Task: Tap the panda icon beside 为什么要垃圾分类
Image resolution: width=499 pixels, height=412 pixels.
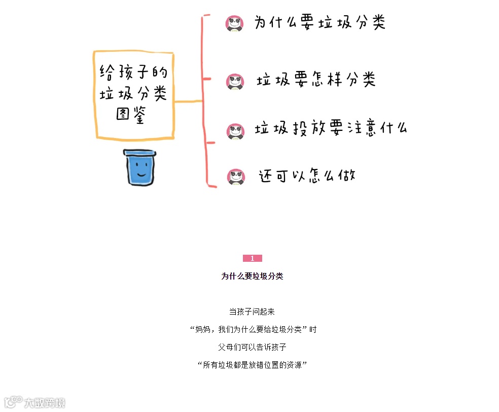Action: tap(234, 23)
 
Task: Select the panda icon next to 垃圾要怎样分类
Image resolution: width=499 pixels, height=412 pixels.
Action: tap(235, 81)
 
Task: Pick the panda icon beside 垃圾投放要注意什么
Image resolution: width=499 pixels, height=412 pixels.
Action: tap(235, 131)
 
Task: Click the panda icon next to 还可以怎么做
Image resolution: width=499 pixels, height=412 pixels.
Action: tap(236, 177)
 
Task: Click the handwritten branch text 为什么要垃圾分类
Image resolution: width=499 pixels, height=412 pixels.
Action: tap(319, 23)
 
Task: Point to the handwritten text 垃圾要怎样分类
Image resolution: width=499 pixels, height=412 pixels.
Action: tap(315, 80)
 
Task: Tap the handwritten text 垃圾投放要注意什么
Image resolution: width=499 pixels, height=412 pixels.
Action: tap(331, 129)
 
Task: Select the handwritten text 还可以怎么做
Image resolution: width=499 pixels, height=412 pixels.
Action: tap(307, 176)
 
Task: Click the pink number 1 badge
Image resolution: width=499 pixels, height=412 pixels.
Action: tap(252, 259)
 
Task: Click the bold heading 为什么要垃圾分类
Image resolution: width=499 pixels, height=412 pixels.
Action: tap(252, 276)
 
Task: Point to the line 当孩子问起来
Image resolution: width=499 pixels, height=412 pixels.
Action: tap(252, 312)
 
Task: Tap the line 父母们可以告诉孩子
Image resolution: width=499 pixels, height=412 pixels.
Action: tap(252, 347)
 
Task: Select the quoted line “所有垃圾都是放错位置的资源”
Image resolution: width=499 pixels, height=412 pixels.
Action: tap(253, 365)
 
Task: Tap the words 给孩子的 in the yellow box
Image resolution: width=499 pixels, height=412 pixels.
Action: tap(133, 73)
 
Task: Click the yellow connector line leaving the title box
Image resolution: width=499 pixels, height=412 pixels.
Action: tap(188, 101)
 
